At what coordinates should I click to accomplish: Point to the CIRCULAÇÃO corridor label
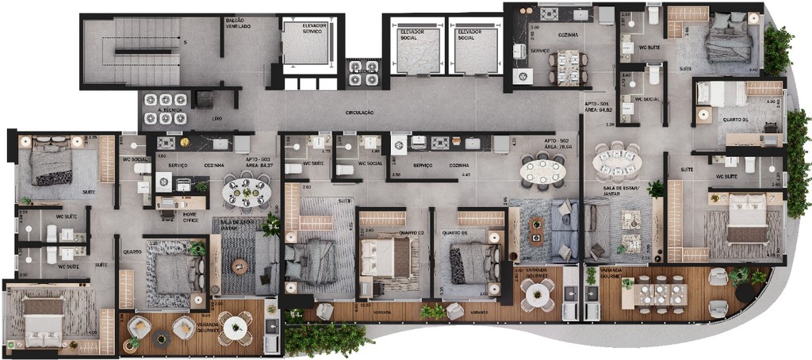click(x=359, y=113)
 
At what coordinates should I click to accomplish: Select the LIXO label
click(x=217, y=117)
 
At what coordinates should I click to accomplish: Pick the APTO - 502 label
click(x=557, y=141)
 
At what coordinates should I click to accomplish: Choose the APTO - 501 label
click(x=597, y=105)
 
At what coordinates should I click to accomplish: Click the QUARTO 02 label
click(x=411, y=232)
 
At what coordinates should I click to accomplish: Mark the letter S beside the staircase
click(x=184, y=41)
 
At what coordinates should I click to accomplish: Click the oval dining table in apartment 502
click(x=543, y=171)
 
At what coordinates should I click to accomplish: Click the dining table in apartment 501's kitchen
click(x=568, y=67)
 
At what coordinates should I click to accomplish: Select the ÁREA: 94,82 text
click(x=599, y=111)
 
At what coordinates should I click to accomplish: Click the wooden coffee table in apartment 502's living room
click(x=537, y=230)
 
